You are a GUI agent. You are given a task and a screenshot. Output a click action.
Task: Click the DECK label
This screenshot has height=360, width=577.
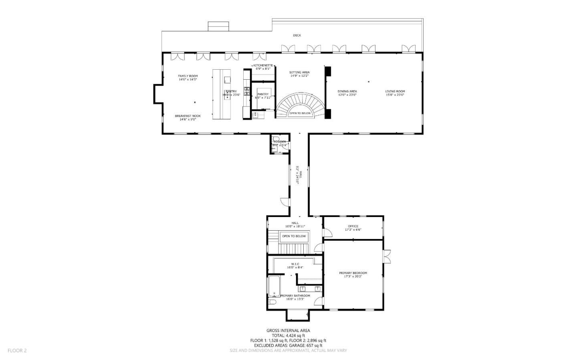pyautogui.click(x=297, y=35)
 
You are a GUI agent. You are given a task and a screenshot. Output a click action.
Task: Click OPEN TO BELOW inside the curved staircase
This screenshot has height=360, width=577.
pyautogui.click(x=300, y=113)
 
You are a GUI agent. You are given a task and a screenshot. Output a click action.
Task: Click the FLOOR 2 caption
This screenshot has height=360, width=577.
pyautogui.click(x=17, y=350)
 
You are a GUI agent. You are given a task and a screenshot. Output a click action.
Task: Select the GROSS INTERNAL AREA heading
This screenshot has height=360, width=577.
pyautogui.click(x=288, y=330)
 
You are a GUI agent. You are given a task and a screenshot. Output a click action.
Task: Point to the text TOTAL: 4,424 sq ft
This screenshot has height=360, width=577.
pyautogui.click(x=288, y=336)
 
